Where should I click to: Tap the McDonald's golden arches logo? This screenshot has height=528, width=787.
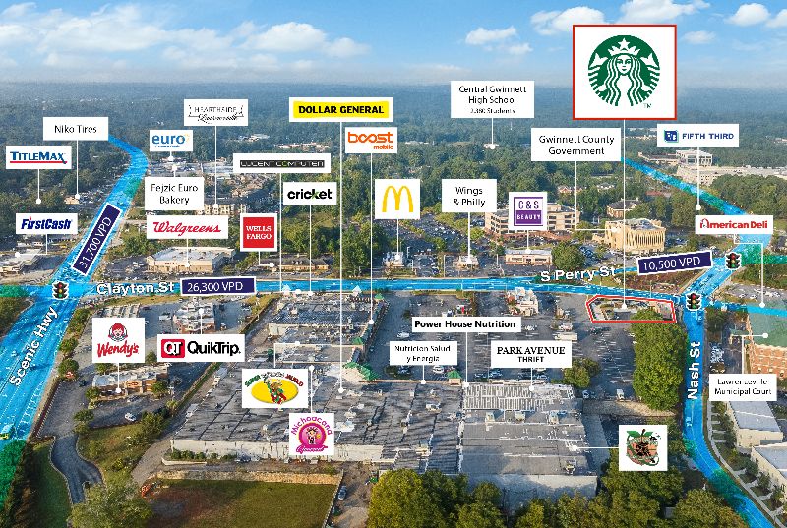pyautogui.click(x=396, y=199)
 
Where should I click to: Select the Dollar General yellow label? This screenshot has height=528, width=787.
pyautogui.click(x=340, y=109)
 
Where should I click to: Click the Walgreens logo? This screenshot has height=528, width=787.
pyautogui.click(x=187, y=228)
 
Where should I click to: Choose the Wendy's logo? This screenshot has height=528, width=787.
pyautogui.click(x=118, y=340)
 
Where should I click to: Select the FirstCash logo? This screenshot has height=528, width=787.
pyautogui.click(x=46, y=224)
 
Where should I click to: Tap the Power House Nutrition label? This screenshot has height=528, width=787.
pyautogui.click(x=464, y=323)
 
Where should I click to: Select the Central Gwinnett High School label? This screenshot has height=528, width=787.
pyautogui.click(x=496, y=100)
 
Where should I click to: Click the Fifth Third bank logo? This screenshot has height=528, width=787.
pyautogui.click(x=696, y=136)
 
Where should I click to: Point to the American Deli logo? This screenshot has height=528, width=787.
pyautogui.click(x=731, y=224)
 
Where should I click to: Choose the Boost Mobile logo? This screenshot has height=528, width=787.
pyautogui.click(x=371, y=141)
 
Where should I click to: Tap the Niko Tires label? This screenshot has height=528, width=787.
pyautogui.click(x=75, y=129)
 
